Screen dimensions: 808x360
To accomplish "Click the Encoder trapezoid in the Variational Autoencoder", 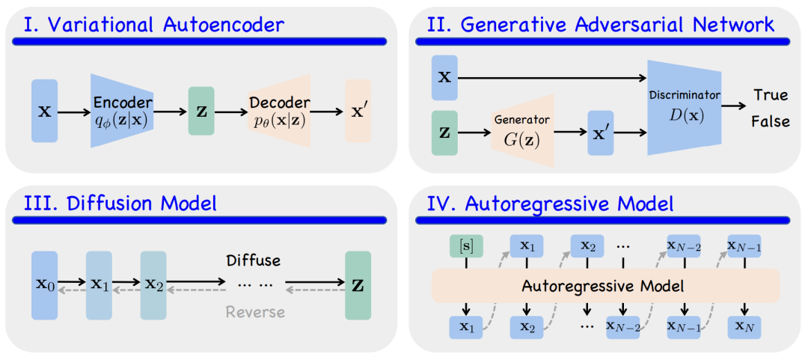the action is (122, 110).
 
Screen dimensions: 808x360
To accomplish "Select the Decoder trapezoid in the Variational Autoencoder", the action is (280, 110).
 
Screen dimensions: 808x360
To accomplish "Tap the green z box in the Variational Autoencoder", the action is (201, 111).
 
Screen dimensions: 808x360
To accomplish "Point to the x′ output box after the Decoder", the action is (358, 111).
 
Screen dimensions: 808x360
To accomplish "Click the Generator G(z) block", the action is (522, 131).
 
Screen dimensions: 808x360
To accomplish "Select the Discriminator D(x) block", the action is (685, 107).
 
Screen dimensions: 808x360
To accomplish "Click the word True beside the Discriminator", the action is (770, 95).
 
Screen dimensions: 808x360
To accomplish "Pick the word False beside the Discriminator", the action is (771, 122).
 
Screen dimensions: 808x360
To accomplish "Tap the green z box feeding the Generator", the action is (444, 132).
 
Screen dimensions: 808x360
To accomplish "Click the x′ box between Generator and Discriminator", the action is (601, 132).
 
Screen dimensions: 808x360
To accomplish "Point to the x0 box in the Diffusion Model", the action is (45, 285).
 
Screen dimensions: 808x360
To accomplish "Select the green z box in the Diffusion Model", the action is (358, 285).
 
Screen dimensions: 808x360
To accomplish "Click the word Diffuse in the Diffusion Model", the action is (254, 260).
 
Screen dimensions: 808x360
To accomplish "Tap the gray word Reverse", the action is (256, 312).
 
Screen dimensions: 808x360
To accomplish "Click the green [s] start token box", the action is (466, 245).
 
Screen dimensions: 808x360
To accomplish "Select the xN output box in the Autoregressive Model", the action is (744, 327).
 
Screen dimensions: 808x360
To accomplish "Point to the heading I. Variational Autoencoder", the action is (153, 23).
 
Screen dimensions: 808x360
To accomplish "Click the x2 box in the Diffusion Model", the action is (153, 285).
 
